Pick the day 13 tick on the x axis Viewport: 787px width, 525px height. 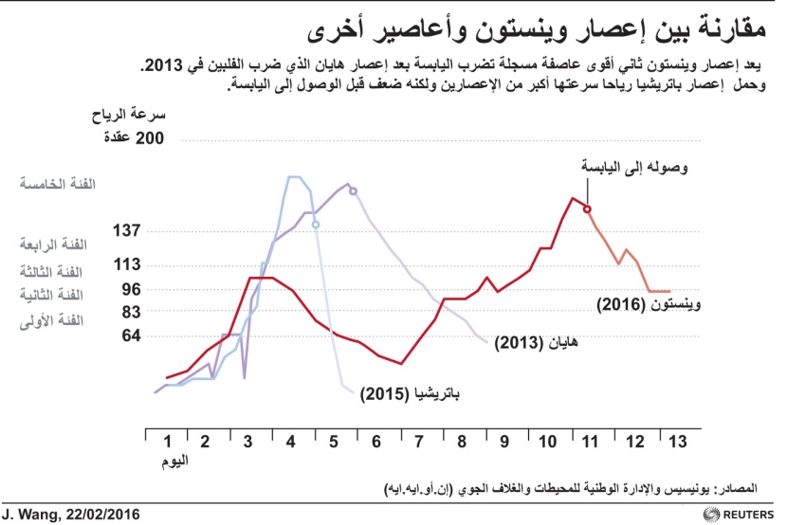coord(675,442)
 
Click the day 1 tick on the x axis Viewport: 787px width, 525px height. coord(168,442)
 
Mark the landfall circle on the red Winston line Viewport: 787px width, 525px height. coord(587,209)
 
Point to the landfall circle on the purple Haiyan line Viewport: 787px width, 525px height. coord(353,190)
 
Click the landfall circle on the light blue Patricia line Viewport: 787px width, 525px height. coord(315,225)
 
